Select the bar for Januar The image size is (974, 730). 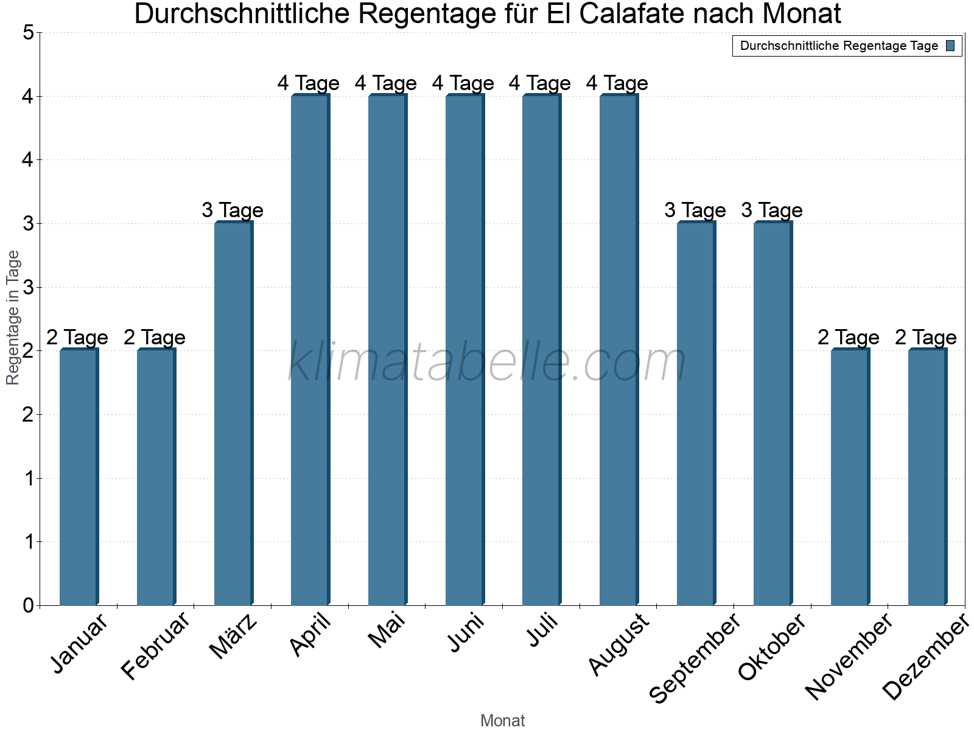point(79,478)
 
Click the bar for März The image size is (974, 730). point(233,414)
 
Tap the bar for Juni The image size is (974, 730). point(464,350)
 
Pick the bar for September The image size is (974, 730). point(695,414)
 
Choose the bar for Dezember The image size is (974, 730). point(927,478)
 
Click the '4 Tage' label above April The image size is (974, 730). point(308,83)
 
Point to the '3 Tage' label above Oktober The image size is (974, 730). point(771,210)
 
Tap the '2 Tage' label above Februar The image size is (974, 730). point(154,338)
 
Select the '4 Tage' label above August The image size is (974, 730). point(617,83)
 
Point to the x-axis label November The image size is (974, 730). point(849,657)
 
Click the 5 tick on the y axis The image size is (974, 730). point(28,33)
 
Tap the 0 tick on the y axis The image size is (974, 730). point(28,606)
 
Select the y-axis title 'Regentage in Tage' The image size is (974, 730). point(13,318)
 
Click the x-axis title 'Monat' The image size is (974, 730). point(502,721)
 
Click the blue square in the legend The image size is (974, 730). point(950,46)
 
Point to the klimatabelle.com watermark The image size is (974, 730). point(487,363)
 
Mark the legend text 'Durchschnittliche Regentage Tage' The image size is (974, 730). point(839,46)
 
